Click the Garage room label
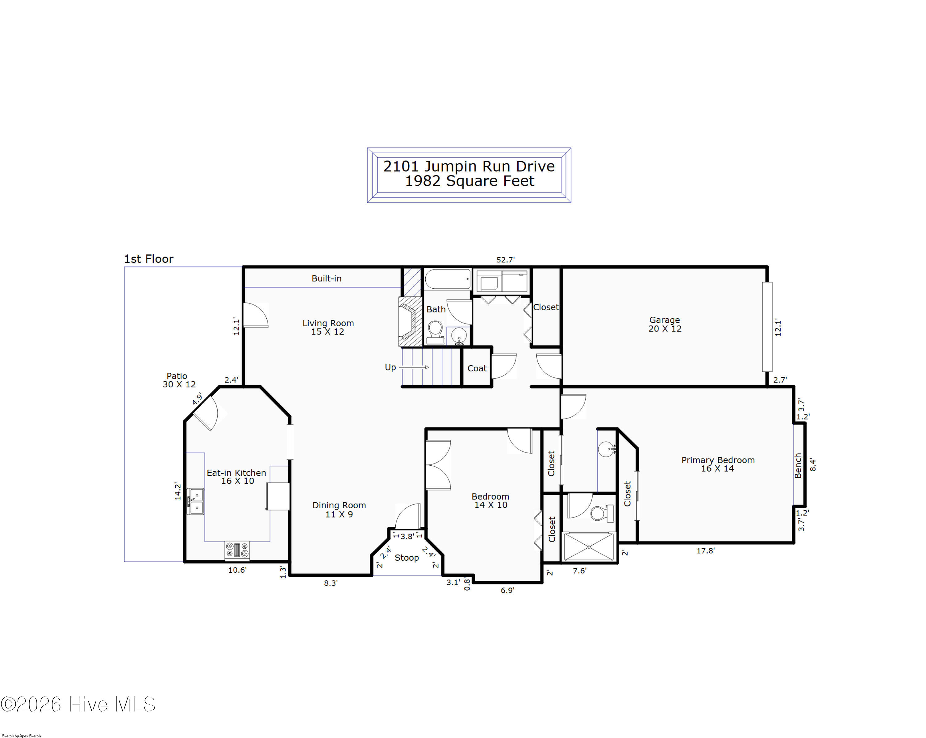[x=665, y=324]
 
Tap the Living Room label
[x=328, y=328]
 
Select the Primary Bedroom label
[x=718, y=464]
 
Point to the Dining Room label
[x=339, y=510]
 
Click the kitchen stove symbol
[x=237, y=550]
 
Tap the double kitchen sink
[x=195, y=501]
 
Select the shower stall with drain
[x=589, y=546]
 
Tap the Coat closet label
[x=477, y=368]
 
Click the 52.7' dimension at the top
[x=506, y=260]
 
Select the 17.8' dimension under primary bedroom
[x=706, y=550]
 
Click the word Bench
[x=798, y=466]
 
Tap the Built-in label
[x=327, y=278]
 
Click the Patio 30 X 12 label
[x=179, y=380]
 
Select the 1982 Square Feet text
[x=469, y=181]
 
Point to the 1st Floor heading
[x=148, y=259]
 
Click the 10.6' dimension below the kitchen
[x=237, y=570]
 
